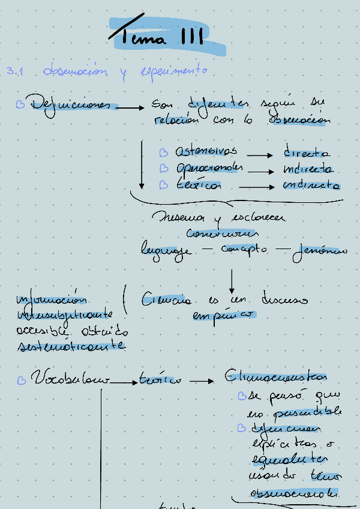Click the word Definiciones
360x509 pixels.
click(x=71, y=104)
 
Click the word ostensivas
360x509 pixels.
click(x=206, y=151)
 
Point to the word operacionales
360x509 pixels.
click(x=209, y=169)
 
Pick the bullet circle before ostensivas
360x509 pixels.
click(x=164, y=152)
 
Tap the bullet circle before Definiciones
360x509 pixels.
click(x=20, y=104)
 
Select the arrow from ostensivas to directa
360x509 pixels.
click(x=260, y=155)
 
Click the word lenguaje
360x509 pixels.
click(x=167, y=250)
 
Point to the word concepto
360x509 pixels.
click(x=244, y=248)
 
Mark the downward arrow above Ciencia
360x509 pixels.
click(x=232, y=281)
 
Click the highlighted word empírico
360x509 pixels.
click(x=223, y=315)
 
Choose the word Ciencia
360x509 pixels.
click(x=167, y=299)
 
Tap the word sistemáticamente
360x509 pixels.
click(x=71, y=346)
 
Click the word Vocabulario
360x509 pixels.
click(x=71, y=379)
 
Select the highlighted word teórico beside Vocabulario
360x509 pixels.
click(x=160, y=379)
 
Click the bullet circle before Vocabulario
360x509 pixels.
click(x=22, y=380)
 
